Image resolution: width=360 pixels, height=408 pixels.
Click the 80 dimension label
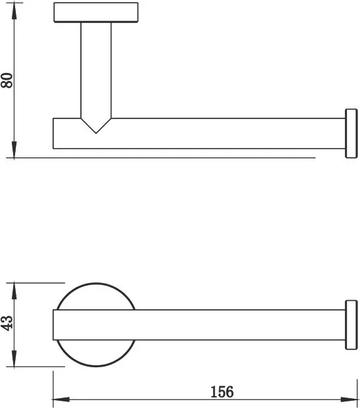tap(7, 80)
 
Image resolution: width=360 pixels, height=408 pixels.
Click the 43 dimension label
tap(7, 323)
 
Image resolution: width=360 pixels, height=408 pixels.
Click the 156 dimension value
tap(222, 392)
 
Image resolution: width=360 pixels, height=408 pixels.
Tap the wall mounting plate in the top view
tap(96, 13)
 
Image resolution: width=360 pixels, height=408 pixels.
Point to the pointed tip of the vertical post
tap(96, 133)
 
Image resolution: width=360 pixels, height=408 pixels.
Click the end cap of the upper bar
tap(351, 133)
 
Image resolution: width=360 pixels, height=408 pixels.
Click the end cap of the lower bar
tap(351, 324)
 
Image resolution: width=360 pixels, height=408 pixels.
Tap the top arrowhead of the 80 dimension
tap(14, 11)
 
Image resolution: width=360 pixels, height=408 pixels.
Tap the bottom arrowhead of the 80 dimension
tap(14, 149)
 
